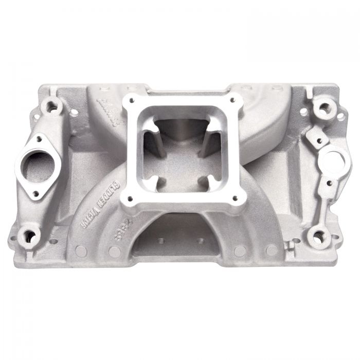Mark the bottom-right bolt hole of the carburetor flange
point(236,197)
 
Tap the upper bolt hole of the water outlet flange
point(40,137)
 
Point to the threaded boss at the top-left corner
point(52,107)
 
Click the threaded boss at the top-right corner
point(323,109)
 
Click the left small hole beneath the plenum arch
point(161,240)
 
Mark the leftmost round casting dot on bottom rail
point(80,250)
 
